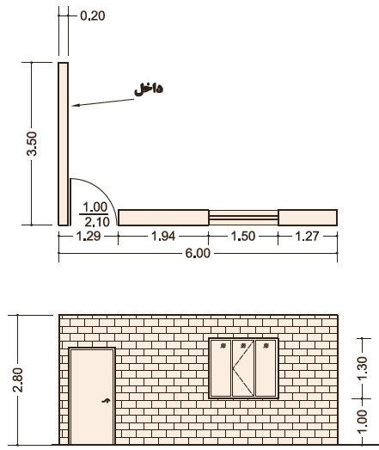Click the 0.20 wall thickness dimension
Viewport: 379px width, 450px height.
(93, 15)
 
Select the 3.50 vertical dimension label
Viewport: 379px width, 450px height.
(32, 144)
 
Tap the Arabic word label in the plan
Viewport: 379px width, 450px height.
(149, 89)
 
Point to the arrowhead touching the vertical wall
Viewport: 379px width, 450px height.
(75, 105)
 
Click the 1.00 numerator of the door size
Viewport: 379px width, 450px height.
(95, 207)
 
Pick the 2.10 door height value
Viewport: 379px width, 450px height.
(97, 222)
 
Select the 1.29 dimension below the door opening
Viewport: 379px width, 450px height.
(89, 237)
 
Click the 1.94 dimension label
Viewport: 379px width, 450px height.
(162, 237)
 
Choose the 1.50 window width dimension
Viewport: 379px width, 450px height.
(243, 237)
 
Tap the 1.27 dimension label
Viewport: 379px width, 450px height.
(307, 237)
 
